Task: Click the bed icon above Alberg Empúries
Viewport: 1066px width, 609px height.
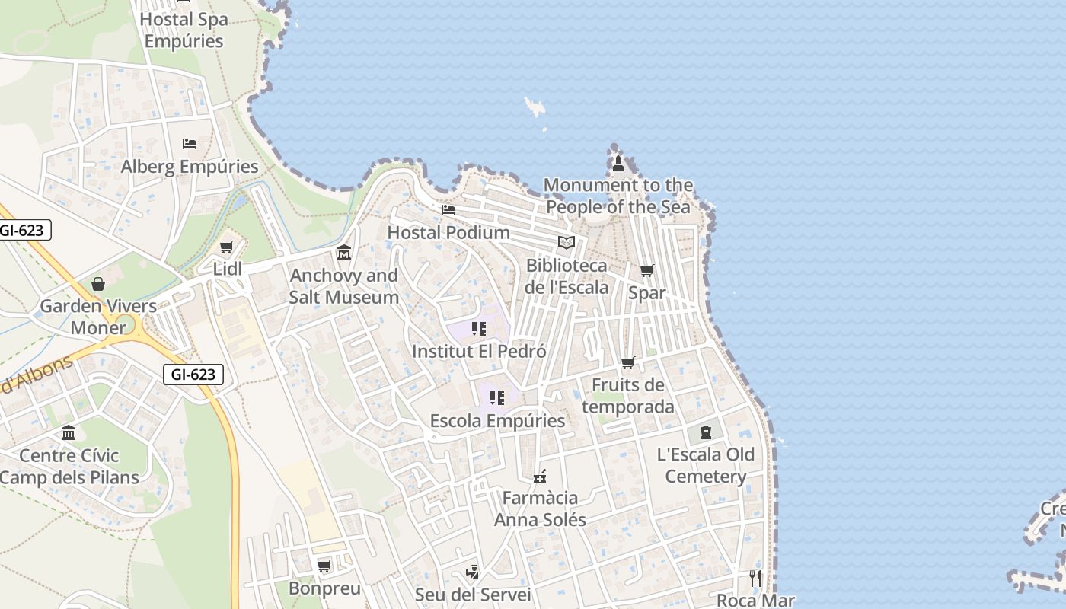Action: [190, 143]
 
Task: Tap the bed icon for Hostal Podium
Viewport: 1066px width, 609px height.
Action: [448, 209]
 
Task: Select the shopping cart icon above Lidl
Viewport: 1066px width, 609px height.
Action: [226, 247]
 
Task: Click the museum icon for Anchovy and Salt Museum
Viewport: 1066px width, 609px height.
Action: [344, 252]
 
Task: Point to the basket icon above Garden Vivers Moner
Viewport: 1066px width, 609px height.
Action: [98, 284]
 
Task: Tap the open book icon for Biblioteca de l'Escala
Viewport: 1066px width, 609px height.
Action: [566, 243]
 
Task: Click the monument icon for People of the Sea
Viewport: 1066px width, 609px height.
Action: [618, 163]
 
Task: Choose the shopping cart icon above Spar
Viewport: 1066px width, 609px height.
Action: [646, 270]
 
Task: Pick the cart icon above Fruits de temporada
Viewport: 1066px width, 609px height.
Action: [628, 362]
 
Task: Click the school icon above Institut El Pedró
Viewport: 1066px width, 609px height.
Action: [479, 329]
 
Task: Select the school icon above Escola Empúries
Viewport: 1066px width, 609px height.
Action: [497, 397]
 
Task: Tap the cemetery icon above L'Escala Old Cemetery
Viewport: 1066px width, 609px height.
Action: [706, 432]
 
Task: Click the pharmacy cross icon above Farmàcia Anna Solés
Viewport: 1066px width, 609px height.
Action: [540, 477]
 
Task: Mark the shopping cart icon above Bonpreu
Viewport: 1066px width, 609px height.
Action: [324, 566]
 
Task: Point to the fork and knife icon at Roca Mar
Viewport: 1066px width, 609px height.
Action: [755, 578]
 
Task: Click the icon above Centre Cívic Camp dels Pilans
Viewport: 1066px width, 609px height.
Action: [69, 432]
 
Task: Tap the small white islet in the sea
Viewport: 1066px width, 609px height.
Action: [535, 107]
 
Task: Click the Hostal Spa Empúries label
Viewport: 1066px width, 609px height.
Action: [184, 30]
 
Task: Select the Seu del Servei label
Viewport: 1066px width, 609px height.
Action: [472, 595]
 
